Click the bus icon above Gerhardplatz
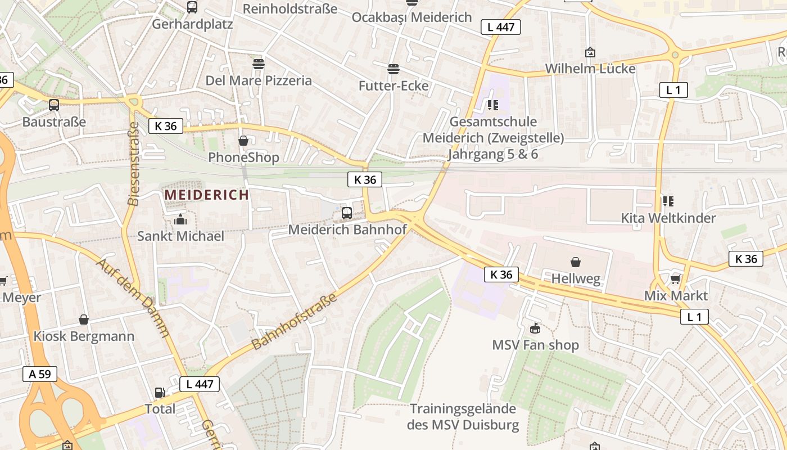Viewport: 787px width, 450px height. pos(192,7)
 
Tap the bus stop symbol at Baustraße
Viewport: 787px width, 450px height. pos(54,105)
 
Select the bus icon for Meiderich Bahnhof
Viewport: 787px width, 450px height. pos(347,213)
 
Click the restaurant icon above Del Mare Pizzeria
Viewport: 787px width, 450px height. pos(259,64)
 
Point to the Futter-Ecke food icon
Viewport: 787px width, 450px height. pos(393,69)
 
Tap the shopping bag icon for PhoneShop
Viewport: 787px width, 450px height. pos(243,141)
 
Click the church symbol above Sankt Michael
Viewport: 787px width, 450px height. pos(180,219)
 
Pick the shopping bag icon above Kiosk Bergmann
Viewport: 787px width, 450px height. pos(84,320)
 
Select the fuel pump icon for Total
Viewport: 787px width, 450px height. pos(160,393)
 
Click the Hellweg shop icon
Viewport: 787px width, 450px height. pos(576,262)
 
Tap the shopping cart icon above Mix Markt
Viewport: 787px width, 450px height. pos(676,279)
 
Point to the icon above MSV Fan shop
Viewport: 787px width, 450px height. pos(535,328)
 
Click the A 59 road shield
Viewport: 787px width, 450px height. pos(40,374)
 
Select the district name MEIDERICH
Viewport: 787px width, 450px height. pos(206,195)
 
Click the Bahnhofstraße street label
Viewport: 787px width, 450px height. pos(295,321)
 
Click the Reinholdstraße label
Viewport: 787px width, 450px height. pos(290,8)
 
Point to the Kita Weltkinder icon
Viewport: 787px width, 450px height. pos(668,201)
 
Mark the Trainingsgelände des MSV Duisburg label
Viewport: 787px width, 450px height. pos(463,417)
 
